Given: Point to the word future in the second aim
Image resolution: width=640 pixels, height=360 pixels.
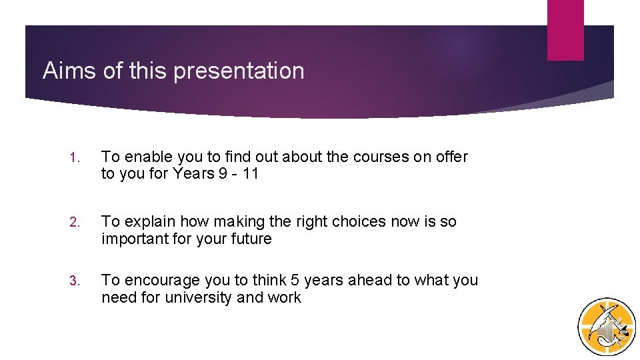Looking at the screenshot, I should click(x=249, y=239).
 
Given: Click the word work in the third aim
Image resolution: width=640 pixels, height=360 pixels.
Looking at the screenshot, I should click(x=285, y=297).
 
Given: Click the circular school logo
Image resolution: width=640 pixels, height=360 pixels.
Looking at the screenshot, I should click(x=606, y=327).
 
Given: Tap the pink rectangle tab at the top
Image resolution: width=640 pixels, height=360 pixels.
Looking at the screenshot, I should click(x=565, y=29).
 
